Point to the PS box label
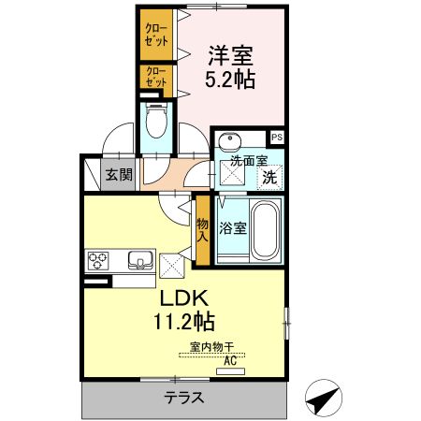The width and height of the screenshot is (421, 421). (x=278, y=137)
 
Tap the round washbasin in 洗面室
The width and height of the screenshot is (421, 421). (x=227, y=141)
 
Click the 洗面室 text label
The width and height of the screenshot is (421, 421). (x=249, y=160)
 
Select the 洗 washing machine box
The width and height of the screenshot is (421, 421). (x=269, y=176)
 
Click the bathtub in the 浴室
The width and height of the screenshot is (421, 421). (x=268, y=230)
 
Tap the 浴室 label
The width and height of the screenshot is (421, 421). (x=233, y=227)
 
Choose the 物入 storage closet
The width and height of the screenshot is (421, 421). (x=202, y=230)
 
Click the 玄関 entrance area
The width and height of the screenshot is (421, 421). (x=118, y=174)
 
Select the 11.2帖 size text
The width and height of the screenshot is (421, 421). (x=183, y=324)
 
